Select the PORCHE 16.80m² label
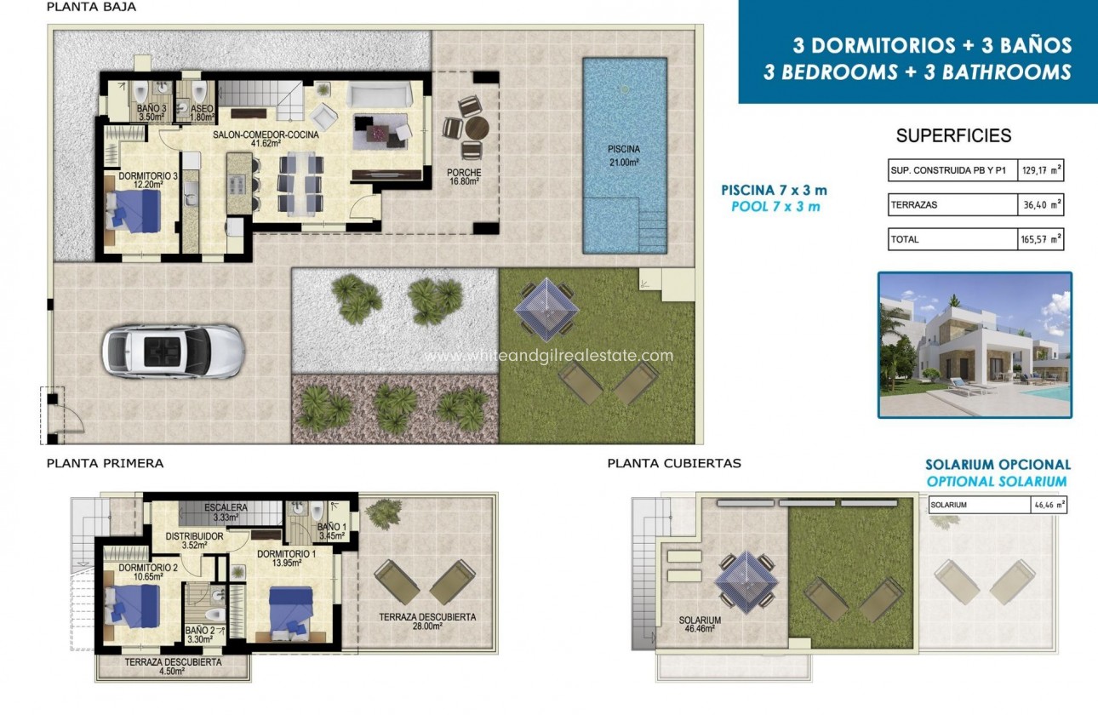pyautogui.click(x=464, y=177)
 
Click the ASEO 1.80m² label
pyautogui.click(x=202, y=114)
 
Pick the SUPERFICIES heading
pyautogui.click(x=953, y=135)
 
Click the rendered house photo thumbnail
pyautogui.click(x=975, y=345)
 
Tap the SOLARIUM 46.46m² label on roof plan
pyautogui.click(x=700, y=625)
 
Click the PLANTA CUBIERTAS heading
pyautogui.click(x=674, y=464)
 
